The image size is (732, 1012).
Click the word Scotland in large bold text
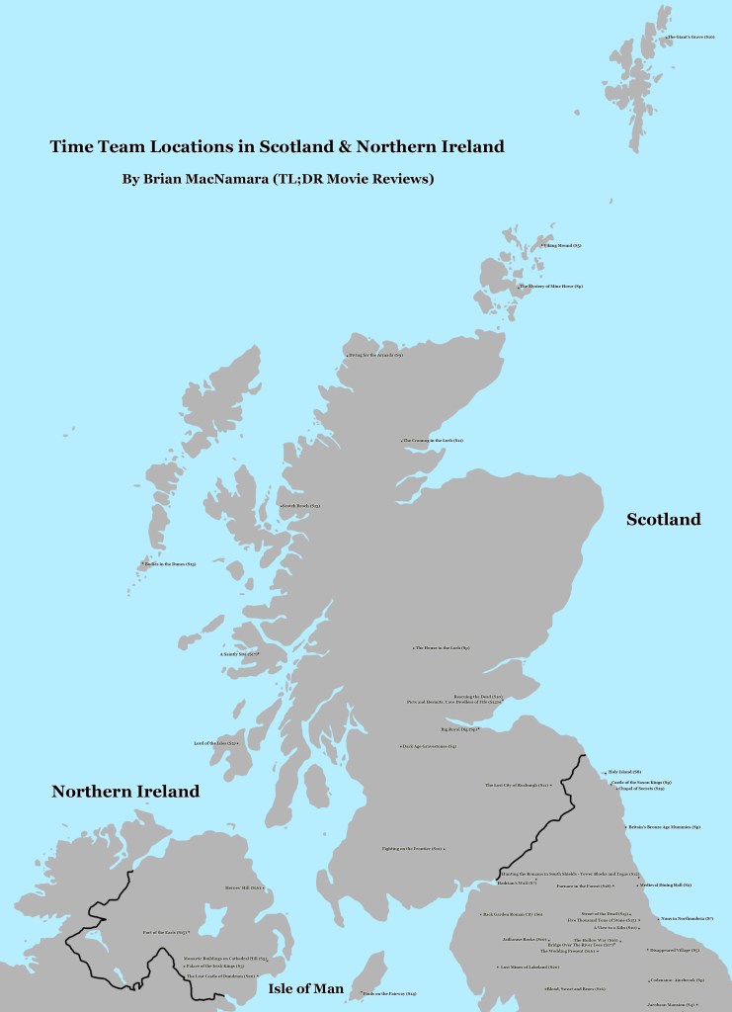click(663, 519)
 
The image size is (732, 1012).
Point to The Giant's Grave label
click(691, 38)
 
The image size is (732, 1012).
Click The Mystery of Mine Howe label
click(551, 286)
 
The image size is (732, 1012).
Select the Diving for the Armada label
click(374, 354)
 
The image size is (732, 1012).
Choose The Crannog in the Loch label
click(433, 440)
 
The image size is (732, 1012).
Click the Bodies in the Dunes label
click(169, 564)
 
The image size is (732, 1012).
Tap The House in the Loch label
click(442, 648)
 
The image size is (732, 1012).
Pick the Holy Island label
click(623, 771)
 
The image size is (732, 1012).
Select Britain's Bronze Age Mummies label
click(664, 826)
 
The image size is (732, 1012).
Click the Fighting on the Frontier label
click(412, 848)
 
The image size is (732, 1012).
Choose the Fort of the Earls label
click(164, 932)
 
